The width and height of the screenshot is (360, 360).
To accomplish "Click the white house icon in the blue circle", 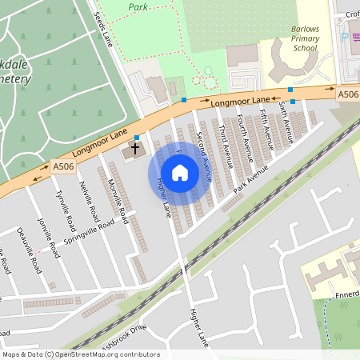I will click(180, 172).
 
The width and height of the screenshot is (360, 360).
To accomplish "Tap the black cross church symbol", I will click(135, 147).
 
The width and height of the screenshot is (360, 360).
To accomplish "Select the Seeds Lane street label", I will click(104, 30).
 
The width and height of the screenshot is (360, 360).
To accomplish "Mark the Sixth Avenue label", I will click(286, 118).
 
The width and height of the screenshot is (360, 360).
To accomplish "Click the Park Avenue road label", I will click(250, 182).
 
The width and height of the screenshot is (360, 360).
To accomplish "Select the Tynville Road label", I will click(64, 208).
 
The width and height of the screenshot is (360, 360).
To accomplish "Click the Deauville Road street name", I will click(29, 250).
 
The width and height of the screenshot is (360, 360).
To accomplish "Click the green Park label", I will click(138, 6).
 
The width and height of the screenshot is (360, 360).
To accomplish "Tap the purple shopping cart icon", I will click(346, 37).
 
